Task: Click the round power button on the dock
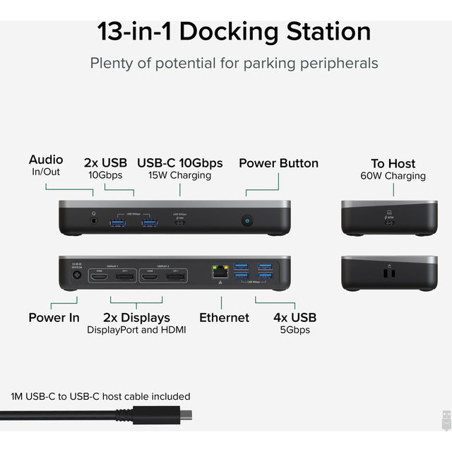click(x=248, y=221)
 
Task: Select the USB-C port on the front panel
click(x=180, y=223)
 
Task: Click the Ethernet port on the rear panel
click(x=218, y=270)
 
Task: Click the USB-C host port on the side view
click(x=390, y=223)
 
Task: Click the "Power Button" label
click(x=278, y=163)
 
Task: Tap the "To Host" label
click(x=393, y=163)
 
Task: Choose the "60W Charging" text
click(x=393, y=176)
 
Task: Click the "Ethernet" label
click(x=224, y=317)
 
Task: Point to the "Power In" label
click(x=54, y=317)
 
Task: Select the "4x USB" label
click(x=295, y=317)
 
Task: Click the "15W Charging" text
click(x=179, y=175)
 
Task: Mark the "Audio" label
click(x=46, y=160)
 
